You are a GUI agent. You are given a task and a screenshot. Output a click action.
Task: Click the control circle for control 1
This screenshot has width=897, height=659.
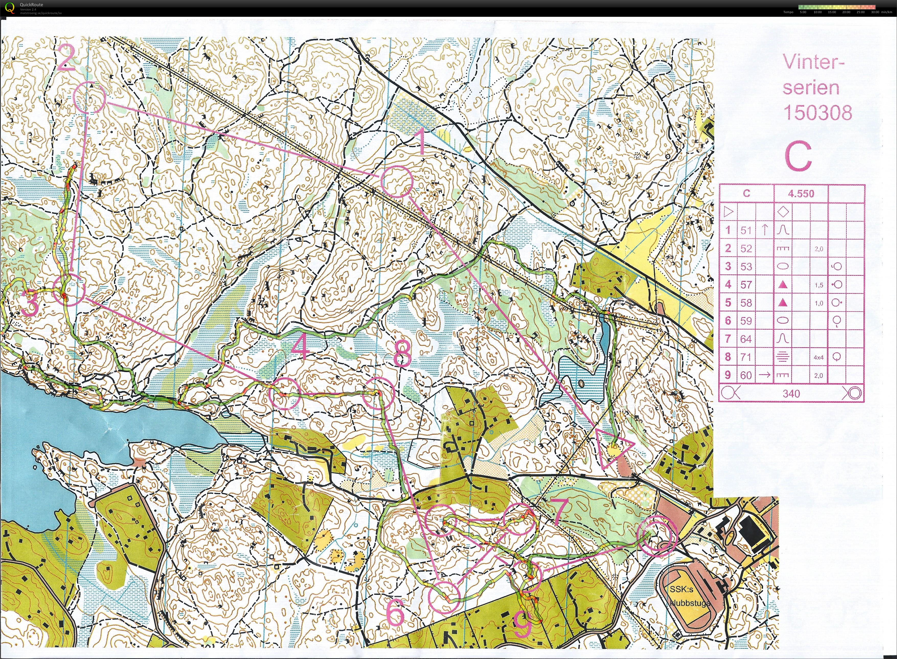pyautogui.click(x=397, y=181)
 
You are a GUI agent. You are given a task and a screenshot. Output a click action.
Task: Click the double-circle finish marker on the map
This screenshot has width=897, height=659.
pyautogui.click(x=657, y=535)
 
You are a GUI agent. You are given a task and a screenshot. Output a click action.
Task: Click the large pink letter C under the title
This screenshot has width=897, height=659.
pyautogui.click(x=798, y=157)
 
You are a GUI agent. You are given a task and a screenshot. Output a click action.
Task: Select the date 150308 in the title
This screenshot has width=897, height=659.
pyautogui.click(x=817, y=113)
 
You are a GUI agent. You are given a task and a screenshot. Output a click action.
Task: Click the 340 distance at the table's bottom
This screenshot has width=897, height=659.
pyautogui.click(x=791, y=394)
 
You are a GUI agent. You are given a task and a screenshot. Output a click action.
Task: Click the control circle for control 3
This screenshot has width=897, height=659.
pyautogui.click(x=69, y=291)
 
